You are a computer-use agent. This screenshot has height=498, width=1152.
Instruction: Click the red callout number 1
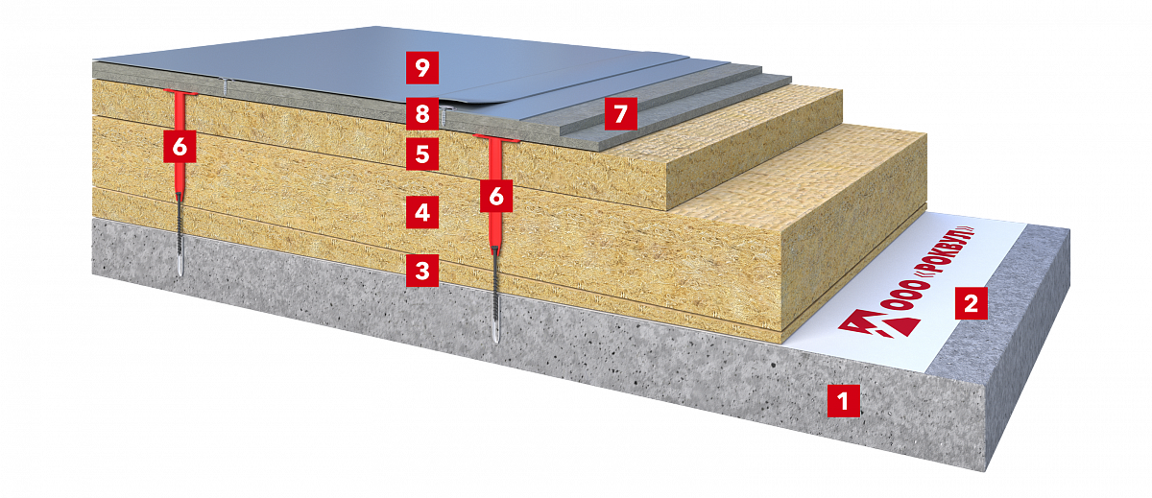[x=844, y=400]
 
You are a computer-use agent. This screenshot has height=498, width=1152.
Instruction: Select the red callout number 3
[x=422, y=271]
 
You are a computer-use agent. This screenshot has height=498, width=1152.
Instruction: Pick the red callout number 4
[x=422, y=212]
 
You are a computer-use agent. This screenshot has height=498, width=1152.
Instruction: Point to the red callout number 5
[x=422, y=154]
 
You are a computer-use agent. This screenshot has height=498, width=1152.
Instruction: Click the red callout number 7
[x=621, y=113]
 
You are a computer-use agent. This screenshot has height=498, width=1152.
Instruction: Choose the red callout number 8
[x=422, y=113]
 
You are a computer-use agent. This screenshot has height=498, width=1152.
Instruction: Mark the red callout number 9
[x=422, y=67]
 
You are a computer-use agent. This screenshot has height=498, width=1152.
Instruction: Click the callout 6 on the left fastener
[x=180, y=147]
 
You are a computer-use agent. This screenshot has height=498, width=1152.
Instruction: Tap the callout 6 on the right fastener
[x=496, y=196]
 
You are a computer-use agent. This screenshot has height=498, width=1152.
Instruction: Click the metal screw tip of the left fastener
[x=180, y=269]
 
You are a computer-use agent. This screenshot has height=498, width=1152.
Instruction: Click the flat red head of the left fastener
[x=180, y=92]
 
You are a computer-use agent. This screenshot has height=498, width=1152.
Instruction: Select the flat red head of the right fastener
[x=496, y=137]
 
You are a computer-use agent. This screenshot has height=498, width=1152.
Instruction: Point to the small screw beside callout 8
[x=444, y=116]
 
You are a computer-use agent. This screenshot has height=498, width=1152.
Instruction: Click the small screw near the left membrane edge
[x=227, y=86]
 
